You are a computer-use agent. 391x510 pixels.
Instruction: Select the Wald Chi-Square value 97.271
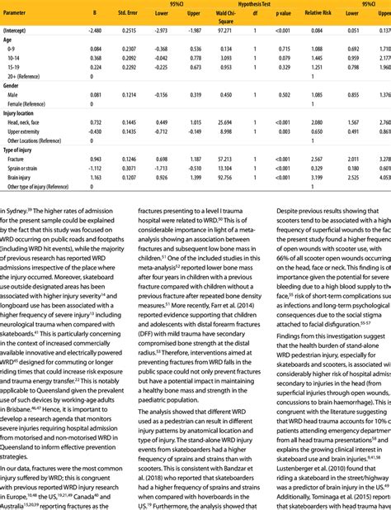click(221, 30)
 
